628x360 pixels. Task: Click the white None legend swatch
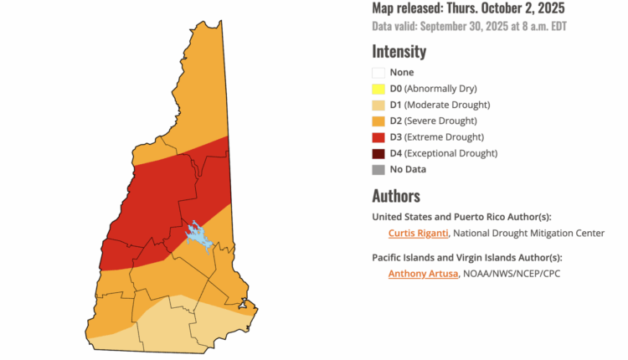click(378, 73)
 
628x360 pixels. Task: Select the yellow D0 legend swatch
click(378, 89)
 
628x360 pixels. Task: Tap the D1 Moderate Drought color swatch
click(378, 105)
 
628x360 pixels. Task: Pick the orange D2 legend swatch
click(378, 121)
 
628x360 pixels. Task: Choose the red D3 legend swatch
click(378, 136)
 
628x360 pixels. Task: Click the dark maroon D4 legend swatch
click(378, 152)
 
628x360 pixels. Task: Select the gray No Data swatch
click(378, 169)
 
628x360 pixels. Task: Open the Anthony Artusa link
click(423, 273)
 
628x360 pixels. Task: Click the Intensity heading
click(399, 51)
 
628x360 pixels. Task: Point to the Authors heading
click(396, 196)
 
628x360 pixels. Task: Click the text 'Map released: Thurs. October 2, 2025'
click(468, 8)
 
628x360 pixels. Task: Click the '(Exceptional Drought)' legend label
click(456, 152)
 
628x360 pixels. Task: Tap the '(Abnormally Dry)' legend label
click(445, 89)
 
